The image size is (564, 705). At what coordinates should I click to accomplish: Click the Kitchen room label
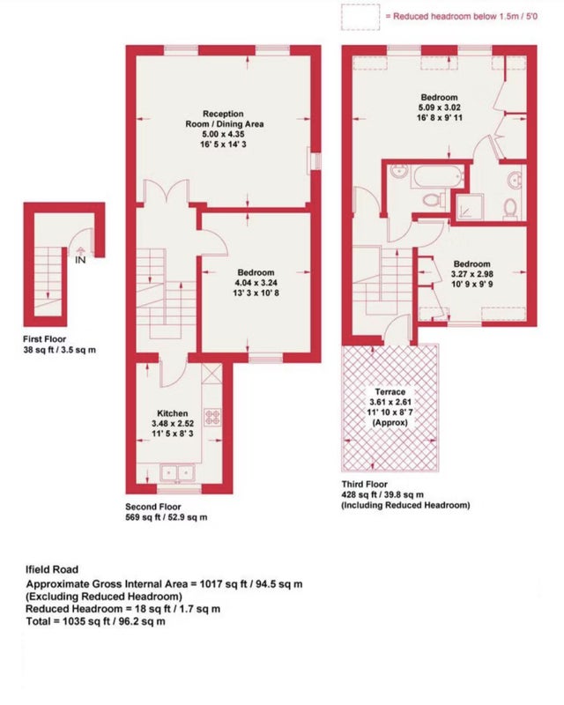coord(172,413)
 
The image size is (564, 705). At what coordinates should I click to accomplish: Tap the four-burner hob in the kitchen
coord(212,417)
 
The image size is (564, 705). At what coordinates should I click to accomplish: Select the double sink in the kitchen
coord(177,473)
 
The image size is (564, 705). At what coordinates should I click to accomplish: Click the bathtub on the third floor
coord(437,177)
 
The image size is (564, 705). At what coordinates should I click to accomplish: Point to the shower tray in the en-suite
coord(470,207)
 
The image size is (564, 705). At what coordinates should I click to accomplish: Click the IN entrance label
coord(80,260)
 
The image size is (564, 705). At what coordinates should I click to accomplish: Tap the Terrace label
coord(390,392)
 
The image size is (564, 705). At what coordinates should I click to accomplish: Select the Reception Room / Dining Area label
coord(225,119)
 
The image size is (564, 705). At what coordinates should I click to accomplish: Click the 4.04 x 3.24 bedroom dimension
coord(256,283)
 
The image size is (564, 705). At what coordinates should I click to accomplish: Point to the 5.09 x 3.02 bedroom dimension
coord(440,108)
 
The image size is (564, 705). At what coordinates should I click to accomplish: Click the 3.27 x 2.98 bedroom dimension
coord(471,274)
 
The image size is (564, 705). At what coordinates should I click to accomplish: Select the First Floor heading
coord(45,339)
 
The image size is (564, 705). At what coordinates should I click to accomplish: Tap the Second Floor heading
coord(153,507)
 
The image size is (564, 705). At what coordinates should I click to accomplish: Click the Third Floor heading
coord(364,484)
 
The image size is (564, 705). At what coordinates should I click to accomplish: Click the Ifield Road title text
coord(52,569)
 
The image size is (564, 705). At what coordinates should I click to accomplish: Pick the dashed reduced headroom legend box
coord(360,17)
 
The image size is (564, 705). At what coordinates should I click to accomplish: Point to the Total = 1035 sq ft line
coord(95,622)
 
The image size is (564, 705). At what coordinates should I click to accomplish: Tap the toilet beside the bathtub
coord(434,200)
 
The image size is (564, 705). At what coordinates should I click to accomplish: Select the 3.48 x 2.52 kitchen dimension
coord(173,424)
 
